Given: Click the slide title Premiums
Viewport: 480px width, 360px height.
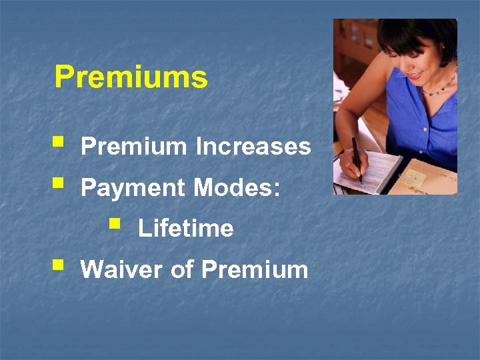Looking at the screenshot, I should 131,77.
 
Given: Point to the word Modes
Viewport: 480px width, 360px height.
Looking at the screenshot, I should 233,189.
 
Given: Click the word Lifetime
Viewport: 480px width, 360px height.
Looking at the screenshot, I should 185,229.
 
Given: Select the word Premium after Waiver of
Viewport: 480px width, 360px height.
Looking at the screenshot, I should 254,270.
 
